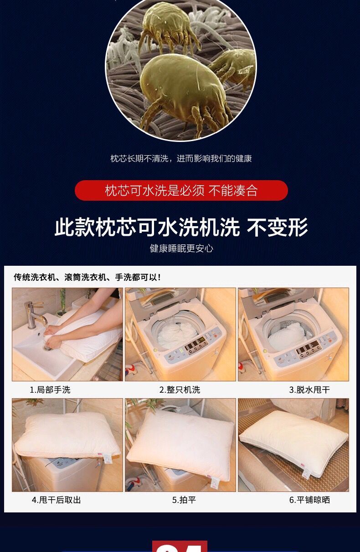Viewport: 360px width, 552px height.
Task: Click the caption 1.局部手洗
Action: coord(50,390)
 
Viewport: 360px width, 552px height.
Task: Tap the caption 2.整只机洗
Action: coord(180,390)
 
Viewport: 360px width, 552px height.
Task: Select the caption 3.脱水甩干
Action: coord(309,390)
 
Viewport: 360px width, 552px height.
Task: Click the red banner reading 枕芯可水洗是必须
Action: coord(181,191)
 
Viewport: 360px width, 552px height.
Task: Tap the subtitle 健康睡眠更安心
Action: coord(181,248)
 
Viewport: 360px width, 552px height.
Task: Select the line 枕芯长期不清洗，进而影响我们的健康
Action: coord(181,158)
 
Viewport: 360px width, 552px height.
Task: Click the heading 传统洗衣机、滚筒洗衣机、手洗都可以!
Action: coord(87,277)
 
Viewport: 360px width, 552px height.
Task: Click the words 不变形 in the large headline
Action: coord(278,227)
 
